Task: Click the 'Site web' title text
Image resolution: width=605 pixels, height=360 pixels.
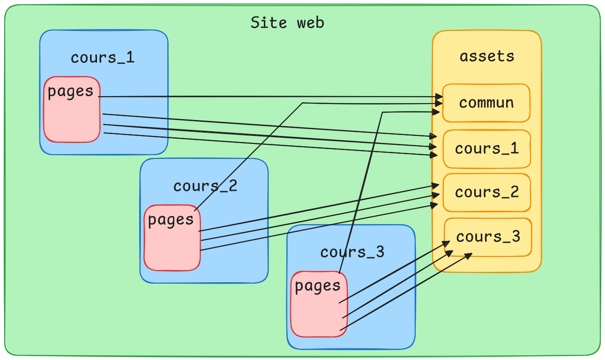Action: [287, 22]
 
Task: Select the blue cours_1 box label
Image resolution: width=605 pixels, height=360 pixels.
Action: [103, 57]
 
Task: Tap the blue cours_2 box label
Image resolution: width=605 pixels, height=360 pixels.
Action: [205, 186]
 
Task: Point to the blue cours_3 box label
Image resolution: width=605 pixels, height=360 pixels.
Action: [352, 252]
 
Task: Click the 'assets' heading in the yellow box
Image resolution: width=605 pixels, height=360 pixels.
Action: [486, 56]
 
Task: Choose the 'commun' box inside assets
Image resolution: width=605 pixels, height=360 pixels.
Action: [486, 103]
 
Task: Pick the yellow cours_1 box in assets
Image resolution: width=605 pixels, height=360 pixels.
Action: [486, 149]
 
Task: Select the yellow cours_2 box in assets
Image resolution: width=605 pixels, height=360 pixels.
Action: [486, 192]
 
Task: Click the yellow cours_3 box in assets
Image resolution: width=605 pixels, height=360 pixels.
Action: [488, 237]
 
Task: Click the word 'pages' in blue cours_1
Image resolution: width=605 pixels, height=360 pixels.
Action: [70, 91]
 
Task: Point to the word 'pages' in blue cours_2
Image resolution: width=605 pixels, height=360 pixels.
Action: [171, 219]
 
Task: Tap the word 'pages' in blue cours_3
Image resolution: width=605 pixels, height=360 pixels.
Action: [318, 286]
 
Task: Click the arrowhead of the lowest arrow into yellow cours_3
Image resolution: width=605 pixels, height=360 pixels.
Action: [469, 255]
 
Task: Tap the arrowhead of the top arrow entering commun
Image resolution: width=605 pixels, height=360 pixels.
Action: [439, 97]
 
